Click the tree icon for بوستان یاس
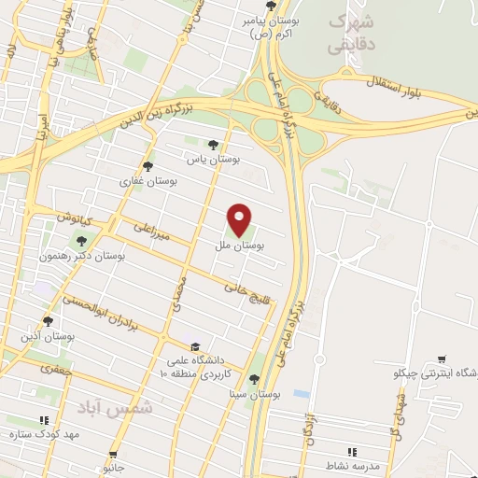[214, 145]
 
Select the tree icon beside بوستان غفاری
[147, 166]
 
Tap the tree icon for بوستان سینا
[255, 379]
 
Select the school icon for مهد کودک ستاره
[43, 421]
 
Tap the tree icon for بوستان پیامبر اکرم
[271, 6]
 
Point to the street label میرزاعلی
[149, 232]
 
